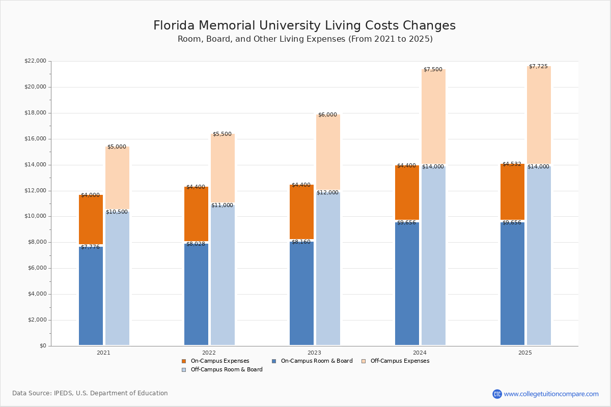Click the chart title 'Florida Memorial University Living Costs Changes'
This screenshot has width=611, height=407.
(x=304, y=26)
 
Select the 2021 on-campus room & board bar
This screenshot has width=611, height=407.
(x=91, y=296)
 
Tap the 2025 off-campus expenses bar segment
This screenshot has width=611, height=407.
(x=539, y=115)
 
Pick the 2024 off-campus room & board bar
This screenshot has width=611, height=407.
(x=433, y=256)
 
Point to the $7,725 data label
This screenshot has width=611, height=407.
(x=538, y=67)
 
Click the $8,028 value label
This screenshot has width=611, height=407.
(x=196, y=244)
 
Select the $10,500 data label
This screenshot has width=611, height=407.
(x=117, y=212)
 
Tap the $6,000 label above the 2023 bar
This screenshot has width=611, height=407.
(x=327, y=115)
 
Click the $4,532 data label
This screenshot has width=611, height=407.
(x=512, y=164)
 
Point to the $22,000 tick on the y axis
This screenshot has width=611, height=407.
(x=35, y=61)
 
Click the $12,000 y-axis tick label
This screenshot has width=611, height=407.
(x=35, y=191)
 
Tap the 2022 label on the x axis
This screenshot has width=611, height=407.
(x=209, y=353)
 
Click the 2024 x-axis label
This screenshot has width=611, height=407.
(x=420, y=353)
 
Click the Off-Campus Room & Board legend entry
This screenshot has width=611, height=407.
(x=227, y=370)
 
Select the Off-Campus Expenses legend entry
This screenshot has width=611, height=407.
(x=400, y=361)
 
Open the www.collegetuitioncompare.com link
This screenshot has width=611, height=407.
(x=551, y=394)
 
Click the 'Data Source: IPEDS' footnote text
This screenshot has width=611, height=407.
(x=90, y=393)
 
